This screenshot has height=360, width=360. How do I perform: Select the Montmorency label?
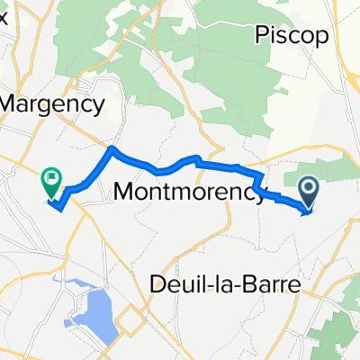click(x=190, y=191)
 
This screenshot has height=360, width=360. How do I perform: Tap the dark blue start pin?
click(x=309, y=192)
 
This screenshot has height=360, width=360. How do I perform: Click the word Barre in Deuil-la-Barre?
click(x=274, y=283)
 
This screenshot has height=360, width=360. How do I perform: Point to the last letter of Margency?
click(x=101, y=106)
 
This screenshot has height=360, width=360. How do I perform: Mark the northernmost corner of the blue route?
click(x=112, y=148)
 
